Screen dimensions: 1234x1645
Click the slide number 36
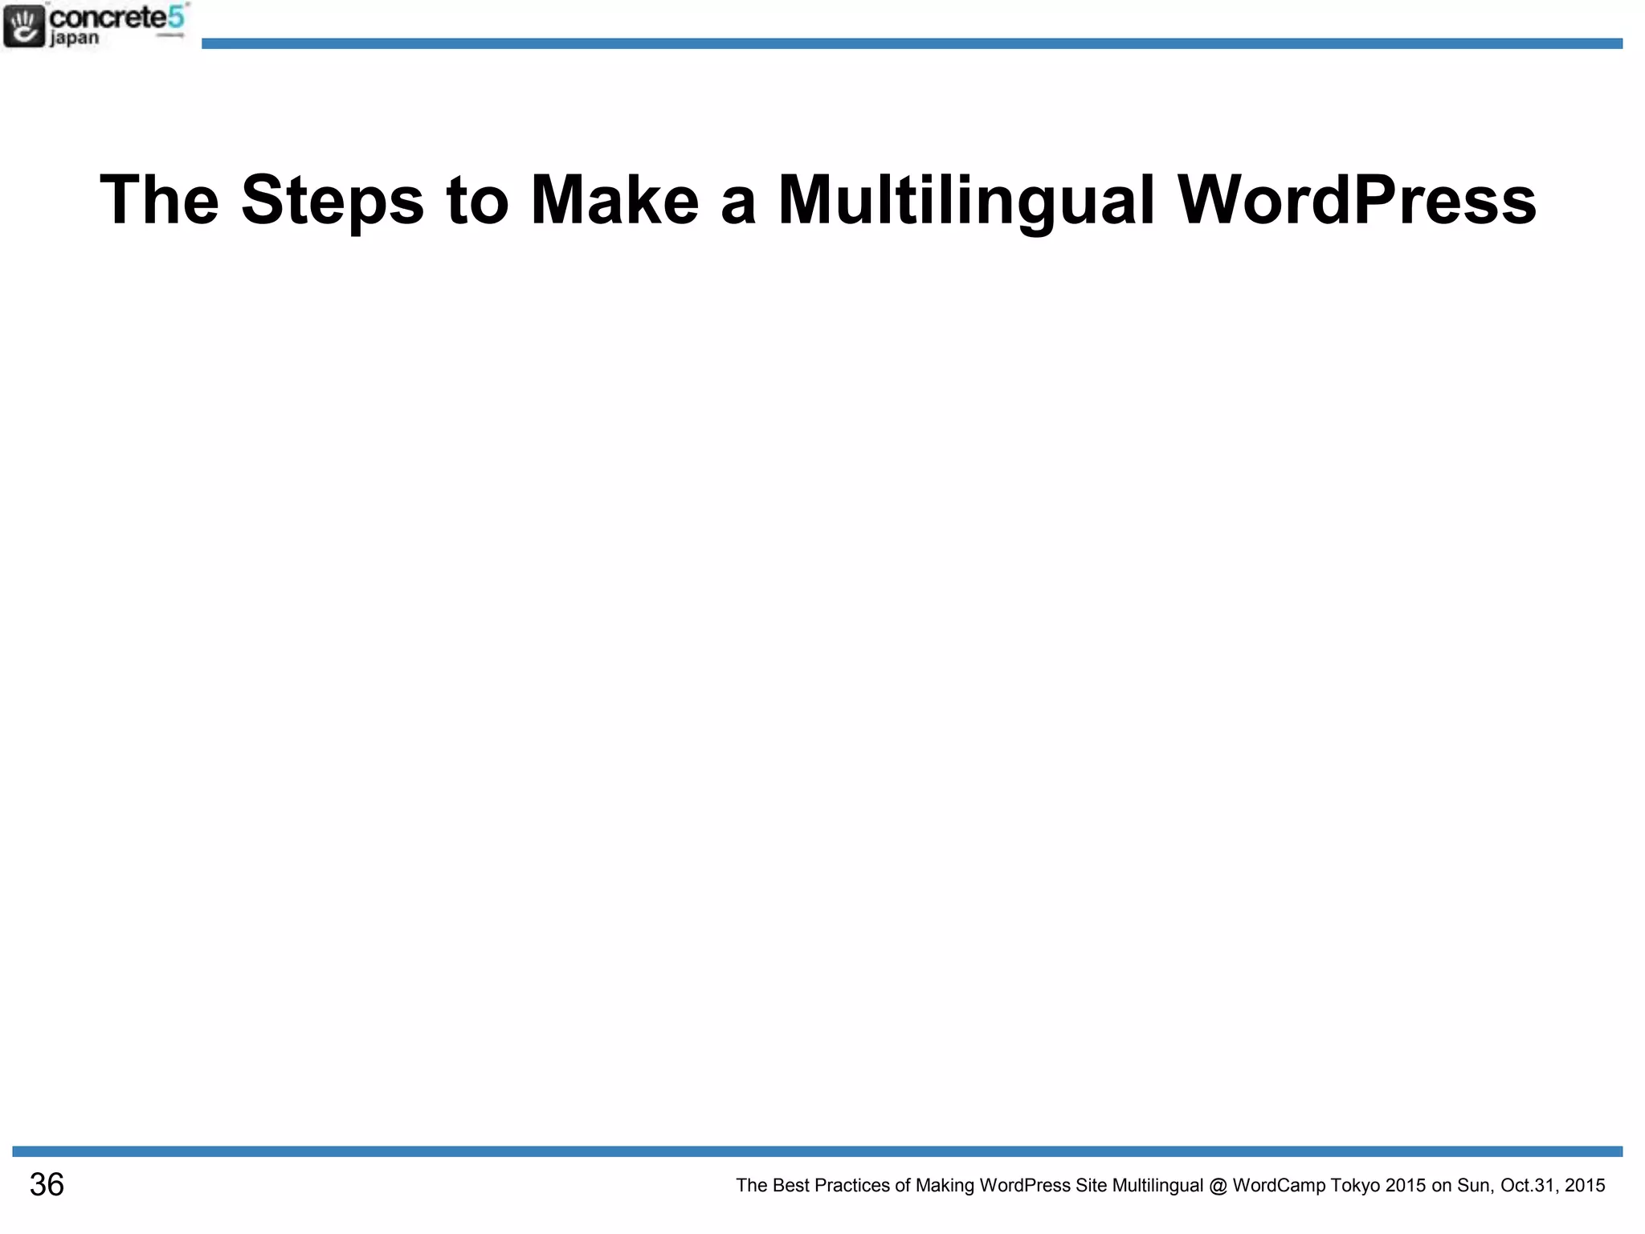click(x=47, y=1185)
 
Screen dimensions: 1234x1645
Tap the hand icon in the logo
click(x=24, y=26)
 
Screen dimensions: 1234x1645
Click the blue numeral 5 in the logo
click(x=176, y=16)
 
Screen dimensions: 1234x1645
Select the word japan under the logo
click(x=75, y=39)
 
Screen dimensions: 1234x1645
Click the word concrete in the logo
click(x=108, y=17)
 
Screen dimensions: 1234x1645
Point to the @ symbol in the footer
click(x=1218, y=1186)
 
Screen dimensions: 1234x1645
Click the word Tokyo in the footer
click(x=1356, y=1186)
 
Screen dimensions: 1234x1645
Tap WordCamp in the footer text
click(x=1279, y=1186)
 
